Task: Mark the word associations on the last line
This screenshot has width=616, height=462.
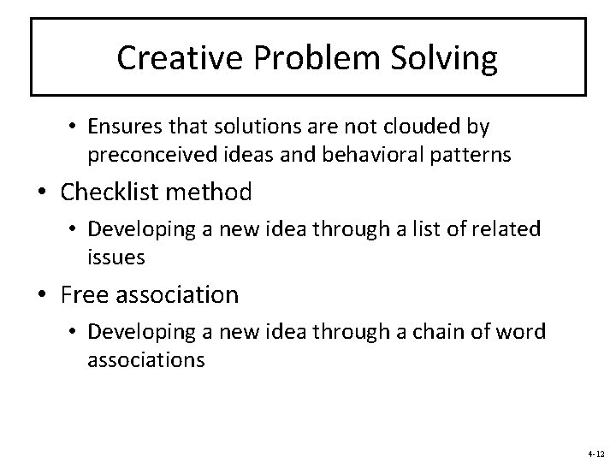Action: [145, 359]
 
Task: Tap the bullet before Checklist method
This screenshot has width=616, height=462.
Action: [47, 192]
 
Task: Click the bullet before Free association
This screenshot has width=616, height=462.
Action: [47, 296]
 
